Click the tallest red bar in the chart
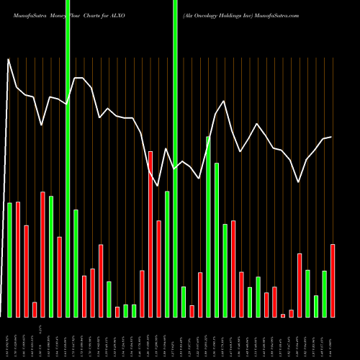point(150,234)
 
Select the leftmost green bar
point(10,260)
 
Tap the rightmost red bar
point(333,281)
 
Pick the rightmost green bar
point(325,294)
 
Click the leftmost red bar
point(18,259)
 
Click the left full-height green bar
point(68,158)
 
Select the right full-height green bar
point(175,158)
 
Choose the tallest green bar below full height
point(208,227)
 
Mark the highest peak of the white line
point(9,60)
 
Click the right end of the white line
point(331,137)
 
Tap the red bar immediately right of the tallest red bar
point(158,269)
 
